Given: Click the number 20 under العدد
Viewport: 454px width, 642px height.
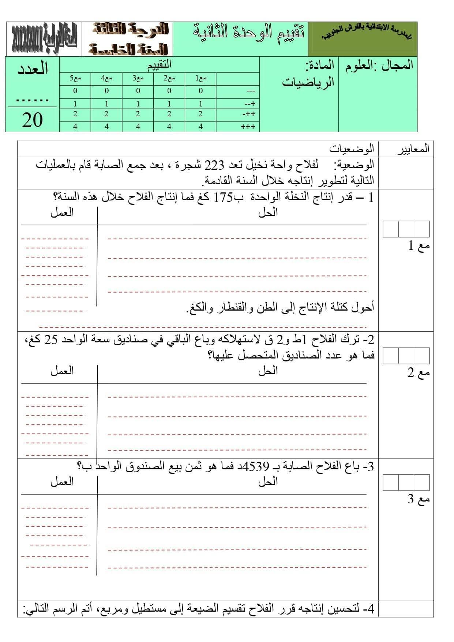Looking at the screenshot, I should click(x=32, y=120).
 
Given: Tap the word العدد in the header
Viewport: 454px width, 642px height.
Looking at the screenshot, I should click(x=33, y=69).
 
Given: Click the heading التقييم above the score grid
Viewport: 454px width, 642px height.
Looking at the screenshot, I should click(x=159, y=65).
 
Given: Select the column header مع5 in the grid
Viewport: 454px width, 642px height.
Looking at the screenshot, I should click(x=75, y=78).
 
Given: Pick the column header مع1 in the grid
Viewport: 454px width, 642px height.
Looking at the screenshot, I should click(x=200, y=78).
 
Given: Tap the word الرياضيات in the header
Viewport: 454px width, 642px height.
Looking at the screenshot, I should click(x=308, y=82).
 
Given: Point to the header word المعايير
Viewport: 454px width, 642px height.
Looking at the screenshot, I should click(x=413, y=149).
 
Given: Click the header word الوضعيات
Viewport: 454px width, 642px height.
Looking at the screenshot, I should click(x=351, y=149).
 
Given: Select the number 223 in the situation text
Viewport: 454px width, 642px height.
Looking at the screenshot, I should click(x=214, y=165).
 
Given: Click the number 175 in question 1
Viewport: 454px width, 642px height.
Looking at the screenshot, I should click(x=223, y=198).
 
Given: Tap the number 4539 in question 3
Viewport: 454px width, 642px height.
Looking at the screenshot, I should click(x=256, y=467).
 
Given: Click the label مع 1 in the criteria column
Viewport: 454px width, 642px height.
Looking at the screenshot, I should click(x=419, y=246).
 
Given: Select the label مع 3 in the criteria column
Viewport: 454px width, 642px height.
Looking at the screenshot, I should click(x=419, y=499).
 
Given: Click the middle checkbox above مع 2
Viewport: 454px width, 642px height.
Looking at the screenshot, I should click(x=406, y=356).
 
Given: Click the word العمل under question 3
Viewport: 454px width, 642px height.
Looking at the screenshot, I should click(x=62, y=482).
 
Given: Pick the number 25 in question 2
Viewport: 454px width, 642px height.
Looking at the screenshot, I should click(x=51, y=340).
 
